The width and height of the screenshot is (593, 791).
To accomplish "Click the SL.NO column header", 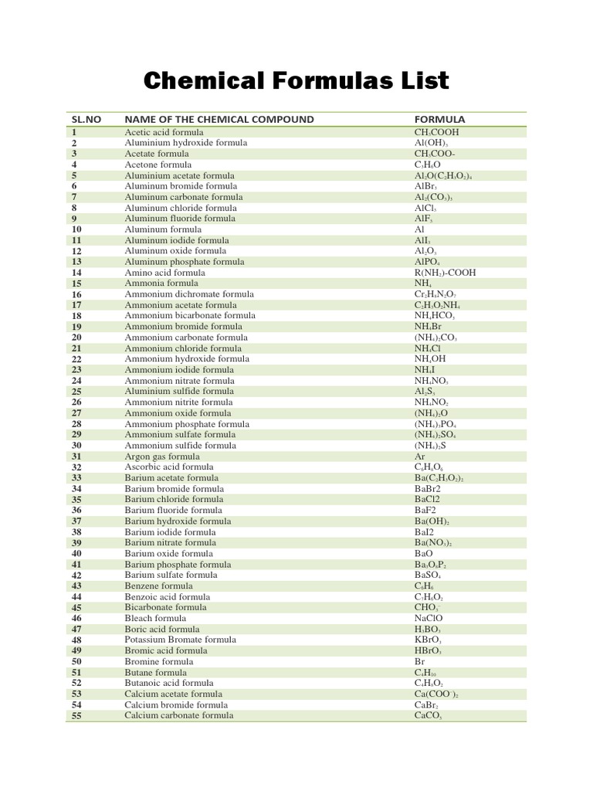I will (86, 120).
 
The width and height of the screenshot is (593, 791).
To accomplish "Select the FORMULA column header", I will (439, 120).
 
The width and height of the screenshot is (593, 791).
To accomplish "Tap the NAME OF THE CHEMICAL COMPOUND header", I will (219, 120).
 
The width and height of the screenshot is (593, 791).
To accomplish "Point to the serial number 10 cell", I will (76, 229).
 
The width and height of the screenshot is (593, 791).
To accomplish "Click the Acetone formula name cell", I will (157, 165).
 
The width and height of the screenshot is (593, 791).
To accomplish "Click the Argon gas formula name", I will (162, 457).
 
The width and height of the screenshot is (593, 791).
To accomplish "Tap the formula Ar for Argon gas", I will (420, 457).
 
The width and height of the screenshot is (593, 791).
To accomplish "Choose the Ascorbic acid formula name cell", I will (169, 467).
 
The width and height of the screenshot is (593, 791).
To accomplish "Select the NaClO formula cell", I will (429, 618).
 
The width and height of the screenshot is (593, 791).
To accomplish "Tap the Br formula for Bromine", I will (419, 661).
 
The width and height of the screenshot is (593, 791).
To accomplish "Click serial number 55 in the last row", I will (76, 715).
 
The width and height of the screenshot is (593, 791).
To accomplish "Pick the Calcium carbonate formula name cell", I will (179, 715).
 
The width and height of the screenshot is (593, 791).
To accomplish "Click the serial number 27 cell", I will (76, 413).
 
